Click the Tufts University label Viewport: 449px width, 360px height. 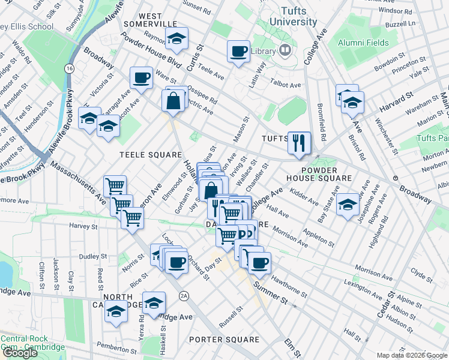(x=293, y=16)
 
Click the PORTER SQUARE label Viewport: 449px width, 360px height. (x=224, y=340)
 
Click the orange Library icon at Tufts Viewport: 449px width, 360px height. (x=285, y=50)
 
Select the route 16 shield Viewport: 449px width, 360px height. (x=70, y=69)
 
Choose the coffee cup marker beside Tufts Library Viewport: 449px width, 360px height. (x=238, y=50)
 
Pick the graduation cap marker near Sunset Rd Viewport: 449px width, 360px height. (x=176, y=39)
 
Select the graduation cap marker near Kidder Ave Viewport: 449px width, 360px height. (x=348, y=205)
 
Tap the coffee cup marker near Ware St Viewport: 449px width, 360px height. (x=142, y=77)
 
